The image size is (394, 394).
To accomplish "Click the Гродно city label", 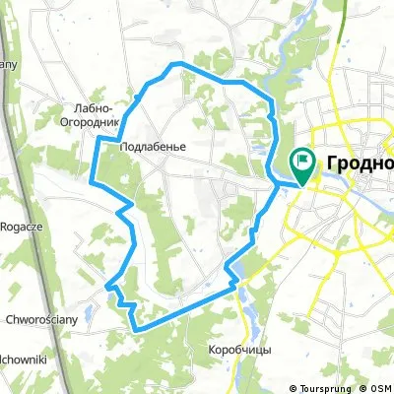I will click(358, 164).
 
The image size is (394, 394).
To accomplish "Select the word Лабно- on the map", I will click(91, 108).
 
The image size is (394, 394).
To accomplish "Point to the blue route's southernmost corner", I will click(135, 327).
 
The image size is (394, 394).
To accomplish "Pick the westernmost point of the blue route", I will click(92, 181).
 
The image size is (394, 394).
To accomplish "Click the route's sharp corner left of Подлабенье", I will click(97, 140).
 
